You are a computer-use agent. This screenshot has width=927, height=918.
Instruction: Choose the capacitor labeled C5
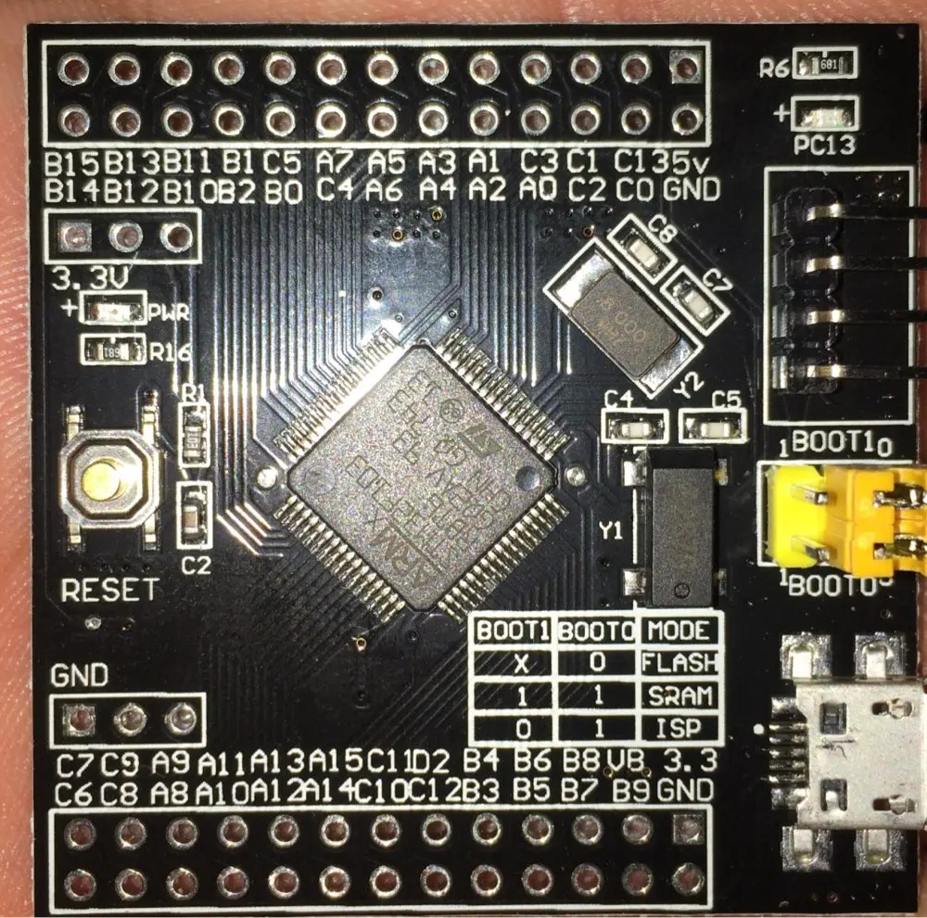pos(713,428)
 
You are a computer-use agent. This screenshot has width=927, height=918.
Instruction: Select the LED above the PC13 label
pos(824,116)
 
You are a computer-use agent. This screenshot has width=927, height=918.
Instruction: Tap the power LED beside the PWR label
pos(111,311)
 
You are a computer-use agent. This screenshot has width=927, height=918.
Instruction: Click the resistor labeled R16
pos(112,351)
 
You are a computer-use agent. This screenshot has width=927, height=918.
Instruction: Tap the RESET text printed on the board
pos(109,590)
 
